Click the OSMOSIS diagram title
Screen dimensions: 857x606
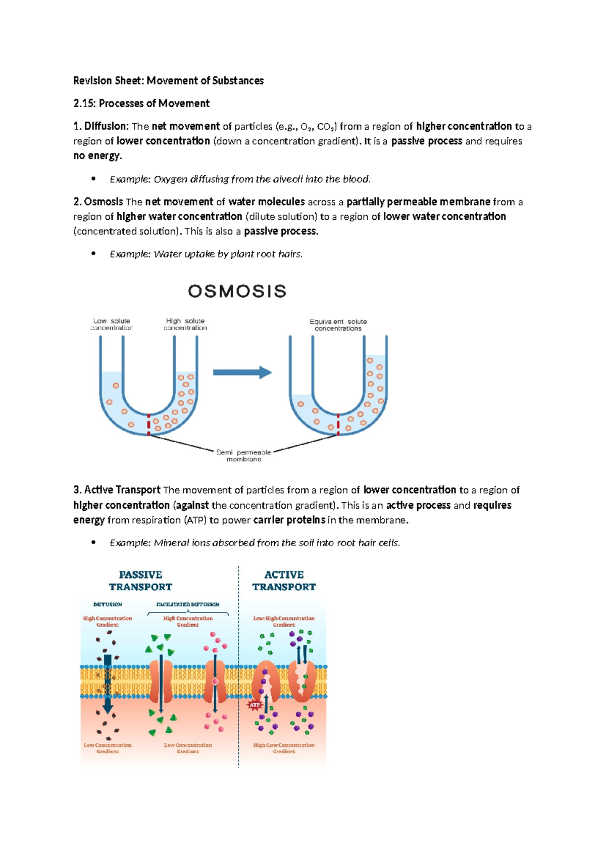237,291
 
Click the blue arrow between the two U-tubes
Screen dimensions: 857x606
242,373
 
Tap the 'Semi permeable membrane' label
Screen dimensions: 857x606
243,456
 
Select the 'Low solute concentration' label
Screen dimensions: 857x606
112,324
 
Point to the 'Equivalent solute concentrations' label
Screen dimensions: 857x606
338,325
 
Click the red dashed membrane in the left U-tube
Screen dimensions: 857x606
148,425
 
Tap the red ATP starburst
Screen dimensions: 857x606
255,704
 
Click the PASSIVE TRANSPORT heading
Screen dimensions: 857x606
140,581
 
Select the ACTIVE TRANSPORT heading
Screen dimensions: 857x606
284,581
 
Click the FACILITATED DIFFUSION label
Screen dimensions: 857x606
188,604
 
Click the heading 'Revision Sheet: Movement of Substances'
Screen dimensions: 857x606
168,81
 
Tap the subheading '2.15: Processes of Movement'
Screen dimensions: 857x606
141,104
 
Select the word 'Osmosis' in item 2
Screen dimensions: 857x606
104,202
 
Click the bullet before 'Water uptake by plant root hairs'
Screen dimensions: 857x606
93,254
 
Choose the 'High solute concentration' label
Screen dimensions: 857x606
185,324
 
